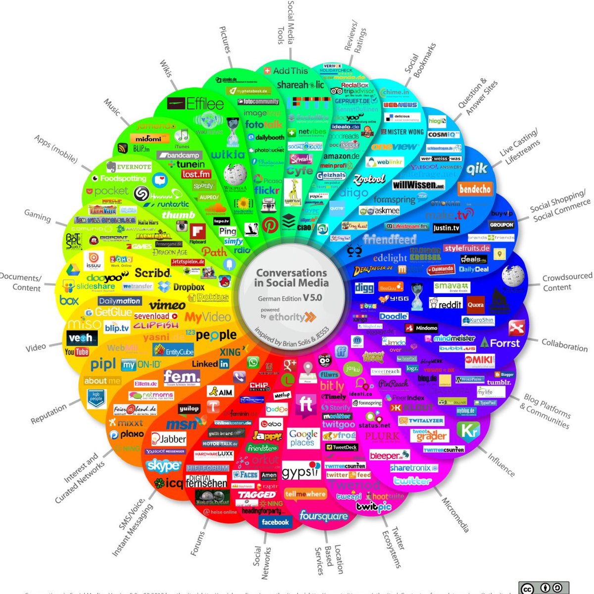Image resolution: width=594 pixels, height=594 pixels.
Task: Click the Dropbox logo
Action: (x=182, y=287)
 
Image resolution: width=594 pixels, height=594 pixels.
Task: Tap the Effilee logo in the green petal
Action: (x=196, y=103)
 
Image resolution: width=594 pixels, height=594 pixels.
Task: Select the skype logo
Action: (x=163, y=466)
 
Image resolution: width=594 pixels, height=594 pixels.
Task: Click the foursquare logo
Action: (x=323, y=517)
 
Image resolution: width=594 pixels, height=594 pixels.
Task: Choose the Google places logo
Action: (x=303, y=438)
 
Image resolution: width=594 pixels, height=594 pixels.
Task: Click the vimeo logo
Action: (x=167, y=305)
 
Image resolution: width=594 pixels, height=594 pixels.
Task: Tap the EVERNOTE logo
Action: (x=128, y=167)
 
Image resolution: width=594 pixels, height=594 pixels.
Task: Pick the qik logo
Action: (x=477, y=169)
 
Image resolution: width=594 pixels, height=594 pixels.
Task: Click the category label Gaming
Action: (x=38, y=216)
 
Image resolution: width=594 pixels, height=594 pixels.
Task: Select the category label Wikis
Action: (x=166, y=69)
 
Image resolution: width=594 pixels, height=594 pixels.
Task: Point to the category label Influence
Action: (x=501, y=465)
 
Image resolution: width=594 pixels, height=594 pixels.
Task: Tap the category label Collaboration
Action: (x=564, y=345)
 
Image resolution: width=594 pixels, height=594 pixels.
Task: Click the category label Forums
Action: (x=198, y=543)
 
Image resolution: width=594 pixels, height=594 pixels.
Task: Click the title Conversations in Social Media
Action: (x=292, y=278)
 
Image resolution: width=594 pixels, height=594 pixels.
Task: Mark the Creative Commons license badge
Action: (x=544, y=588)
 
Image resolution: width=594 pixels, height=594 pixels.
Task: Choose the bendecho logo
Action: (x=475, y=189)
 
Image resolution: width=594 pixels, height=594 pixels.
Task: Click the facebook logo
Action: (x=275, y=522)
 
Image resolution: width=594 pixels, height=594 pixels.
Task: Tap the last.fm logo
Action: (x=196, y=174)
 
